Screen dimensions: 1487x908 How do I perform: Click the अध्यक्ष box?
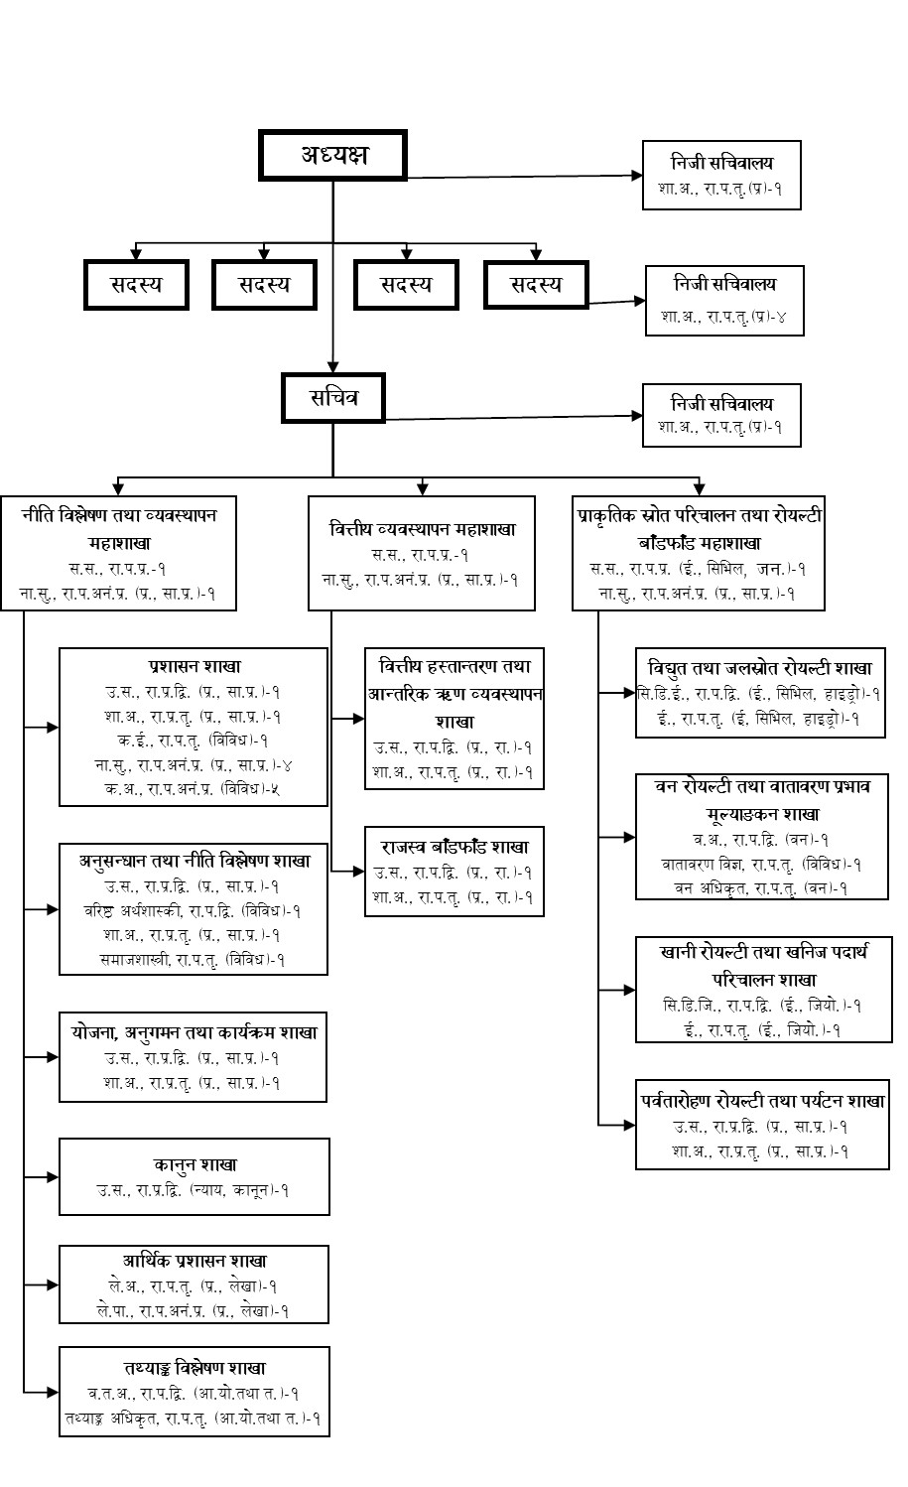[333, 155]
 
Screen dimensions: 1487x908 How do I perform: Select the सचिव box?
[332, 399]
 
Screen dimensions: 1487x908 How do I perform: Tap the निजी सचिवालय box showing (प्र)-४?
[723, 300]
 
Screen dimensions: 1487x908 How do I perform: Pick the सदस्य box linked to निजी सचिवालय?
[536, 285]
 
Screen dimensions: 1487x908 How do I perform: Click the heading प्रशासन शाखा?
[194, 666]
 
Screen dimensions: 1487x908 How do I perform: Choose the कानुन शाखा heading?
[195, 1164]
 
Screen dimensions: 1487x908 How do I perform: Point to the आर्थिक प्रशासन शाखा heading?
[195, 1261]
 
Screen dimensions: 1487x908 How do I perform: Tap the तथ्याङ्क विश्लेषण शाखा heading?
[195, 1368]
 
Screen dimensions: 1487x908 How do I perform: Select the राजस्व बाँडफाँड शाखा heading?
[454, 847]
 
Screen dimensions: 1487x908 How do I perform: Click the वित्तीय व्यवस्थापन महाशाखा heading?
[422, 529]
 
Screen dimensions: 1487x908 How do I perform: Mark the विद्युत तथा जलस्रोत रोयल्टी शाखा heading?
[760, 668]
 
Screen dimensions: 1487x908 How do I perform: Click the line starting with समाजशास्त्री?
[193, 959]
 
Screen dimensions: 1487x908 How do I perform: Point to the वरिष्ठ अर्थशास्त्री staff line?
[193, 909]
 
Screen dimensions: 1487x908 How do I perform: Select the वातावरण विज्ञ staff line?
[760, 864]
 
